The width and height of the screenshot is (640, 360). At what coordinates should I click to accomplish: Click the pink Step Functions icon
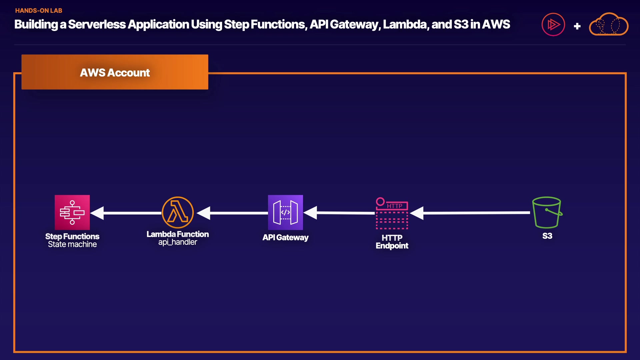tap(72, 212)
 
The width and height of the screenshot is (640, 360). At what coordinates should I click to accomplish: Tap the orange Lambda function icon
tap(178, 212)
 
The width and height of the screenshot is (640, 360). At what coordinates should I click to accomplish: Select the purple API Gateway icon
tap(285, 212)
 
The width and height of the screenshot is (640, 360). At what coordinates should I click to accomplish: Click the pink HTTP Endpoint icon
tap(392, 213)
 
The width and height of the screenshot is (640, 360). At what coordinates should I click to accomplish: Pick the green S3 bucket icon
tap(547, 212)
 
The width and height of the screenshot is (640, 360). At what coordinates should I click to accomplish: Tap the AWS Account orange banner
tap(115, 72)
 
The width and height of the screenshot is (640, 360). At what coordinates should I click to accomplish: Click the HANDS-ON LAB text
tap(39, 11)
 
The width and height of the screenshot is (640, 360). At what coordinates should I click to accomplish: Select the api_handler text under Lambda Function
tap(178, 242)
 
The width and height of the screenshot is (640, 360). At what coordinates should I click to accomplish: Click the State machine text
tap(72, 244)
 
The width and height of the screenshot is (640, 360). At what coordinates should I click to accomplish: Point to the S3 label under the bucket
tap(547, 236)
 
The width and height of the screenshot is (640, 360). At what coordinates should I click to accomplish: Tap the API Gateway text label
tap(285, 237)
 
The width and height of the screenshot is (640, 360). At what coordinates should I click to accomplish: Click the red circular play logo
tap(553, 24)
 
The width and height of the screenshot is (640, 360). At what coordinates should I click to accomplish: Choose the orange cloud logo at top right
tap(609, 24)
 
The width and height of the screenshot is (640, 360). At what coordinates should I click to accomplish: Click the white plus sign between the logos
tap(577, 26)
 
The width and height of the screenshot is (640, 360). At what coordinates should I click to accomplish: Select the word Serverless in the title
tap(97, 24)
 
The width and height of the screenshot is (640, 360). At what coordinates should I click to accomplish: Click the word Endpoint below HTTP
tap(392, 246)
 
